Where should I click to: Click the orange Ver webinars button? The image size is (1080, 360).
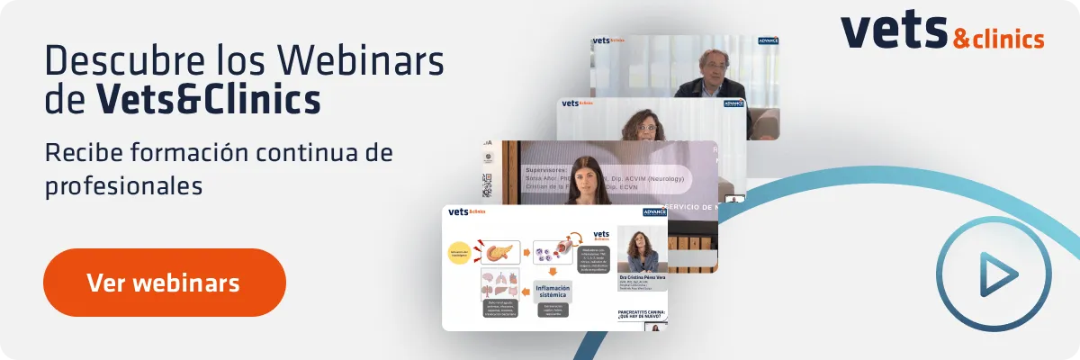click(x=164, y=283)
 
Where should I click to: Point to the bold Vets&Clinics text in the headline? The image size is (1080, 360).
click(x=208, y=99)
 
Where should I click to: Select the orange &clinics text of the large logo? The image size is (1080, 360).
click(x=997, y=39)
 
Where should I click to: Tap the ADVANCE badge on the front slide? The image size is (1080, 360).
click(x=654, y=212)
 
